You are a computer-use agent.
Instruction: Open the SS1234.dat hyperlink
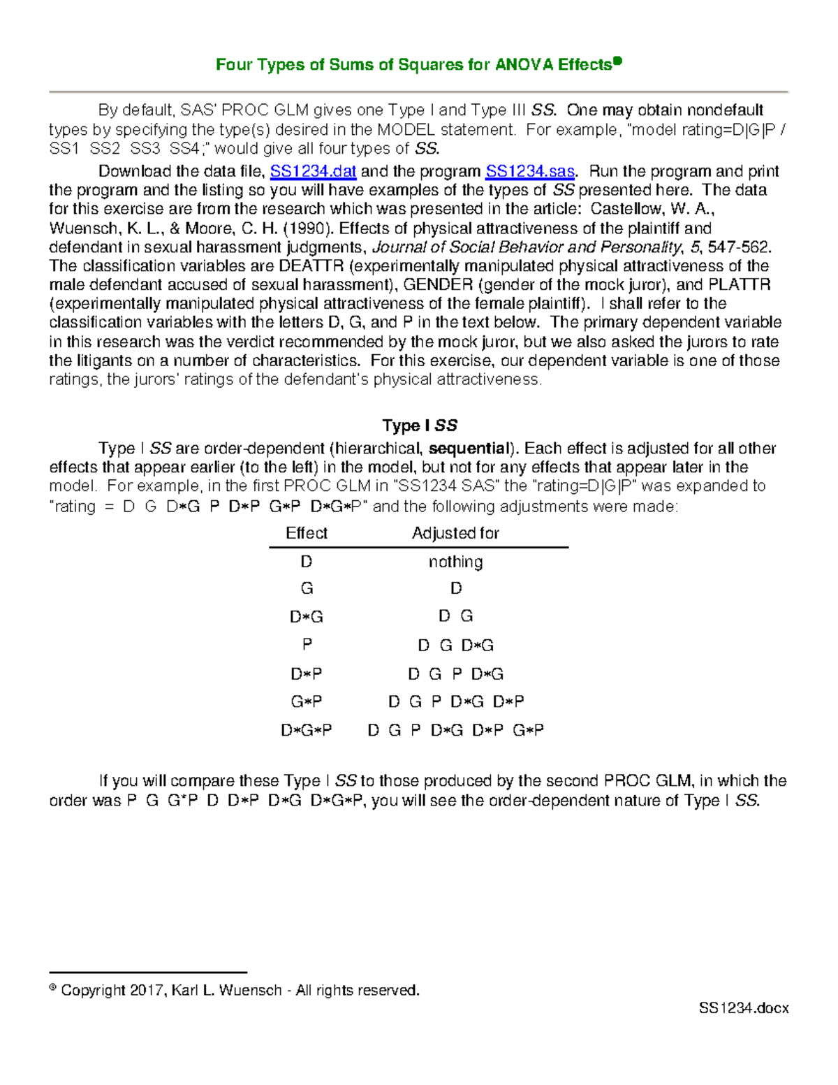click(313, 172)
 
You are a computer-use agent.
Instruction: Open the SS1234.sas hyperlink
click(530, 172)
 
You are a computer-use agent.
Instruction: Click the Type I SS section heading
click(419, 425)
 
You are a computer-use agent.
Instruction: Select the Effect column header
click(307, 533)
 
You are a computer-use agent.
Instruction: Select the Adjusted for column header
click(455, 533)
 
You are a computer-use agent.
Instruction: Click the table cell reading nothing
click(455, 562)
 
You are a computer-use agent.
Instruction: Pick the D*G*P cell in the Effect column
click(307, 730)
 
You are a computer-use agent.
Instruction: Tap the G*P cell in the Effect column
click(307, 701)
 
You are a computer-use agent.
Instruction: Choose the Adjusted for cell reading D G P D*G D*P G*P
click(455, 730)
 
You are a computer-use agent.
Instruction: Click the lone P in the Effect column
click(307, 645)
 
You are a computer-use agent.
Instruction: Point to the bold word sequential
click(469, 449)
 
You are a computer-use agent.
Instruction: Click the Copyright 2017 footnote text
click(240, 990)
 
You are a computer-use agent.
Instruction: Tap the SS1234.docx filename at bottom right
click(744, 1008)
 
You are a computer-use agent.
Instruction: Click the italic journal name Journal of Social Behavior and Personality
click(527, 247)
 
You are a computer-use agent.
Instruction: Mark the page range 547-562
click(739, 247)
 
